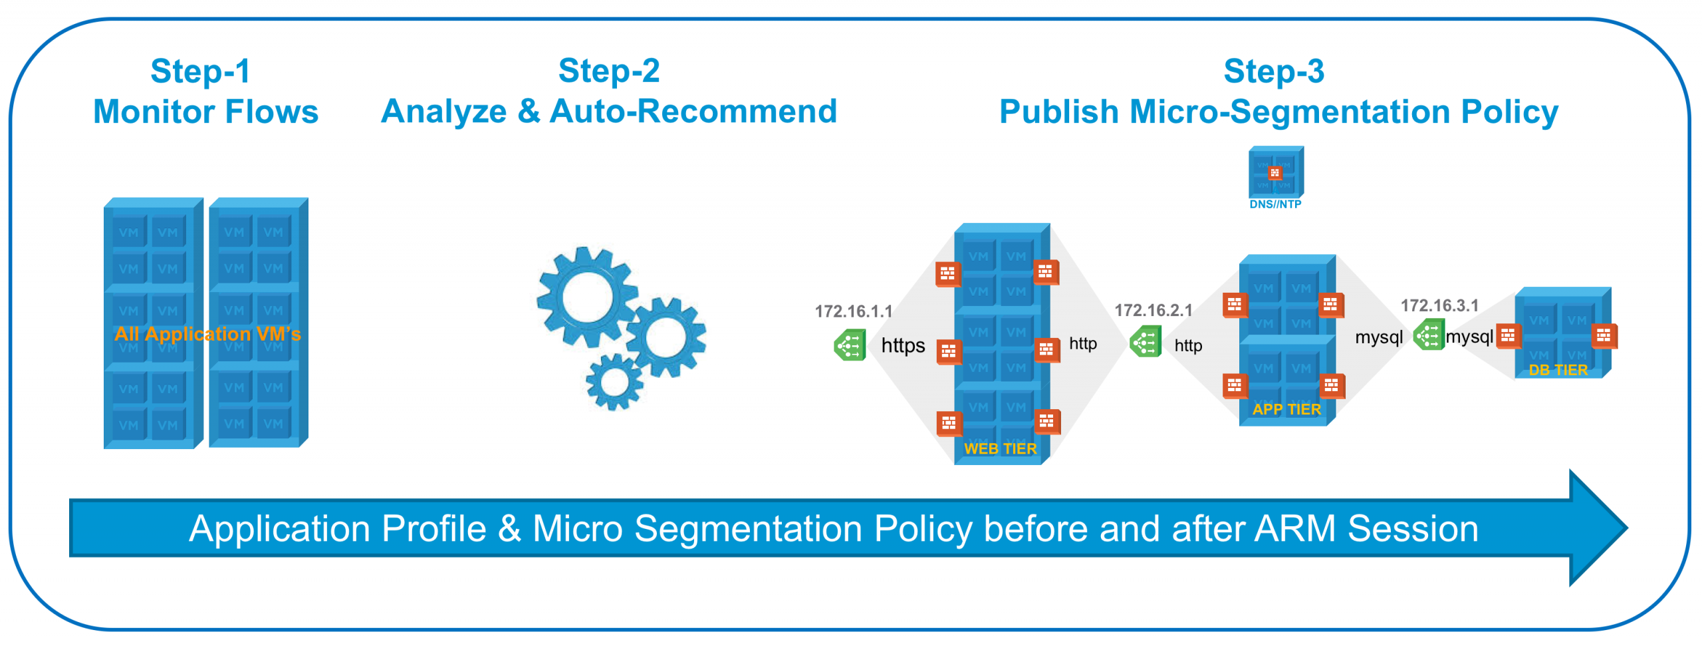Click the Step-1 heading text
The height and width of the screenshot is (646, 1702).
coord(200,71)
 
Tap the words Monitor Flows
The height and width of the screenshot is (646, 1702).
coord(205,111)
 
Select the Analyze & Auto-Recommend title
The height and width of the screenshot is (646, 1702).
coord(608,111)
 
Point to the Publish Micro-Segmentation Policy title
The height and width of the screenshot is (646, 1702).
coord(1278,111)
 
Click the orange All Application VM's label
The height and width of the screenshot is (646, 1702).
coord(207,333)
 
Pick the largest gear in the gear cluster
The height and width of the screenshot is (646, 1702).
coord(586,297)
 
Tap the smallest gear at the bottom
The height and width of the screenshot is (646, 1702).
coord(614,382)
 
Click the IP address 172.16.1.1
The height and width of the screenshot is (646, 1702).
coord(853,311)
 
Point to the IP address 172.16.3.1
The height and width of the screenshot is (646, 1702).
coord(1439,305)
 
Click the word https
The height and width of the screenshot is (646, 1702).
coord(902,345)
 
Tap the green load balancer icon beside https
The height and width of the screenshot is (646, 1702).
coord(850,345)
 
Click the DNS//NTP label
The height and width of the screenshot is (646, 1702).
coord(1275,204)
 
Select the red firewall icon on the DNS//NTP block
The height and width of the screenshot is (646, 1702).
coord(1274,173)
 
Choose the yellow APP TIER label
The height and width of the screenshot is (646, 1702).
coord(1286,409)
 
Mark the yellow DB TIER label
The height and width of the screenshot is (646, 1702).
coord(1557,370)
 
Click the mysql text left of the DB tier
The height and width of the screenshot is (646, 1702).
coord(1469,337)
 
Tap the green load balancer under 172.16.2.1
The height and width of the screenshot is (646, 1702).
coord(1145,342)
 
